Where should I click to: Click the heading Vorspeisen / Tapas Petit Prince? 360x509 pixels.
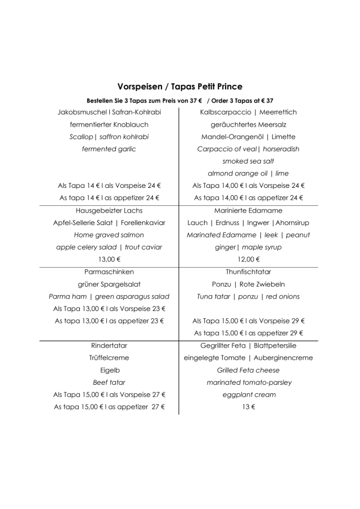pos(180,87)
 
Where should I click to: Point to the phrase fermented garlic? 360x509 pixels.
pos(109,149)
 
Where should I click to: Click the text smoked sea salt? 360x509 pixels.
pos(248,161)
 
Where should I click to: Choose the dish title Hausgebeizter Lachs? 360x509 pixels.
pos(109,210)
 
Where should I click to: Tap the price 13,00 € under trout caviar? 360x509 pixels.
pos(109,259)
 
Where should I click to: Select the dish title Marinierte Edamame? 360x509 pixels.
pos(248,210)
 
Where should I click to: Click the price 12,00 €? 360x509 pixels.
pos(248,259)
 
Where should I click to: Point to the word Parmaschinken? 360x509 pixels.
pos(109,272)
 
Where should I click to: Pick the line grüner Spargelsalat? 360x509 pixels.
pos(109,284)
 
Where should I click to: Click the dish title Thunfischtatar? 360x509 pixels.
pos(248,272)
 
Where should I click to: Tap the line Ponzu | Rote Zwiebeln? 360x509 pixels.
pos(248,284)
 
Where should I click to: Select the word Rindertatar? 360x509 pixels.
pos(109,345)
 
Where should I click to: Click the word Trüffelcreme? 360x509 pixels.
pos(109,358)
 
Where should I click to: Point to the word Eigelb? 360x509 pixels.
pos(109,370)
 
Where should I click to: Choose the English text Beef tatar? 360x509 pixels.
pos(109,382)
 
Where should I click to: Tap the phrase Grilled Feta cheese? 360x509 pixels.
pos(248,370)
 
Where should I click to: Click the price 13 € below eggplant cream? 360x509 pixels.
pos(248,407)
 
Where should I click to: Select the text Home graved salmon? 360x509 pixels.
pos(109,235)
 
